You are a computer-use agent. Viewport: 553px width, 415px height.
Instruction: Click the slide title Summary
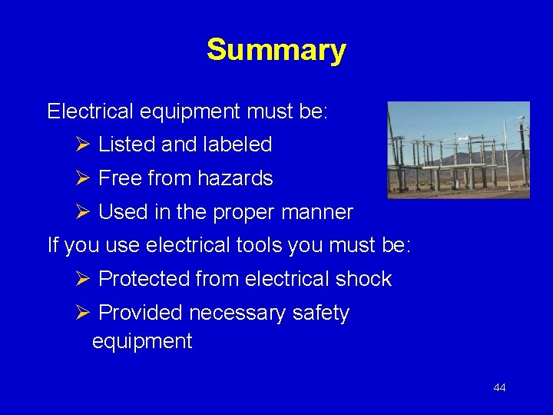tap(276, 51)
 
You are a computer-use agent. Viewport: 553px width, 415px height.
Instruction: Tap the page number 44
tap(499, 387)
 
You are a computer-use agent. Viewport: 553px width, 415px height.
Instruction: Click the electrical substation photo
tap(458, 150)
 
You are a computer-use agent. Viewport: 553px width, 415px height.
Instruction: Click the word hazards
tap(235, 178)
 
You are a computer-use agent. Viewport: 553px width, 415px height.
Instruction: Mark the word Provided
tap(140, 313)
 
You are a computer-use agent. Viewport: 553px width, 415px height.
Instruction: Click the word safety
tap(321, 314)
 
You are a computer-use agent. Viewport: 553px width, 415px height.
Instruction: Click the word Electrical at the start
tap(90, 111)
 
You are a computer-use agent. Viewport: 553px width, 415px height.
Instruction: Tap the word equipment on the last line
tap(142, 341)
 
